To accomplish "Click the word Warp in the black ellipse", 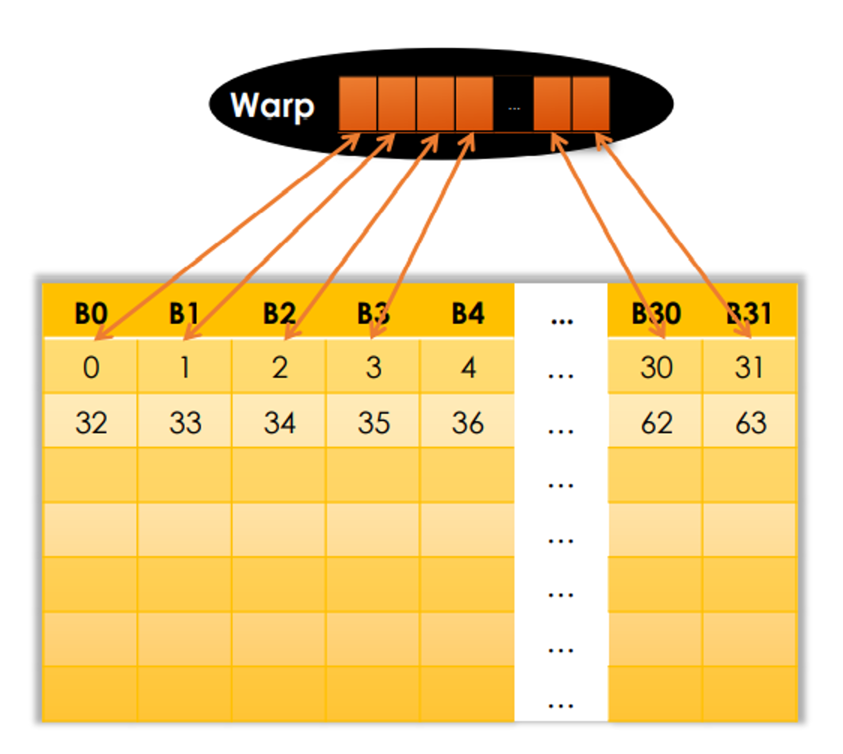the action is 272,106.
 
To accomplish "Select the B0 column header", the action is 91,313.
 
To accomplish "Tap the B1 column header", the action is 184,313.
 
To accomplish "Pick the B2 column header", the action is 279,313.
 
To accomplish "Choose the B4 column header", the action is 468,313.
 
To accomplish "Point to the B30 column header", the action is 656,313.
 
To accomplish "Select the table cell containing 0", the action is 91,367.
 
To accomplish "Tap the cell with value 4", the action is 467,367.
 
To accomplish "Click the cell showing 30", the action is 655,367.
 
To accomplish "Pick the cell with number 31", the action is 749,367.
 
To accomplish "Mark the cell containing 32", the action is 91,422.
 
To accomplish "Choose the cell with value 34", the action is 279,422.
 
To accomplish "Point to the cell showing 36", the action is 467,422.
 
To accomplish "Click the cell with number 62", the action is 655,422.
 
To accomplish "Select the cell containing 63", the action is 749,422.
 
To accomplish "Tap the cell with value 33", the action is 185,422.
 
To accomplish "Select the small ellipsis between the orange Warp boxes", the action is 514,108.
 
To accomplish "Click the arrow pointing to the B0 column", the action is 227,236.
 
